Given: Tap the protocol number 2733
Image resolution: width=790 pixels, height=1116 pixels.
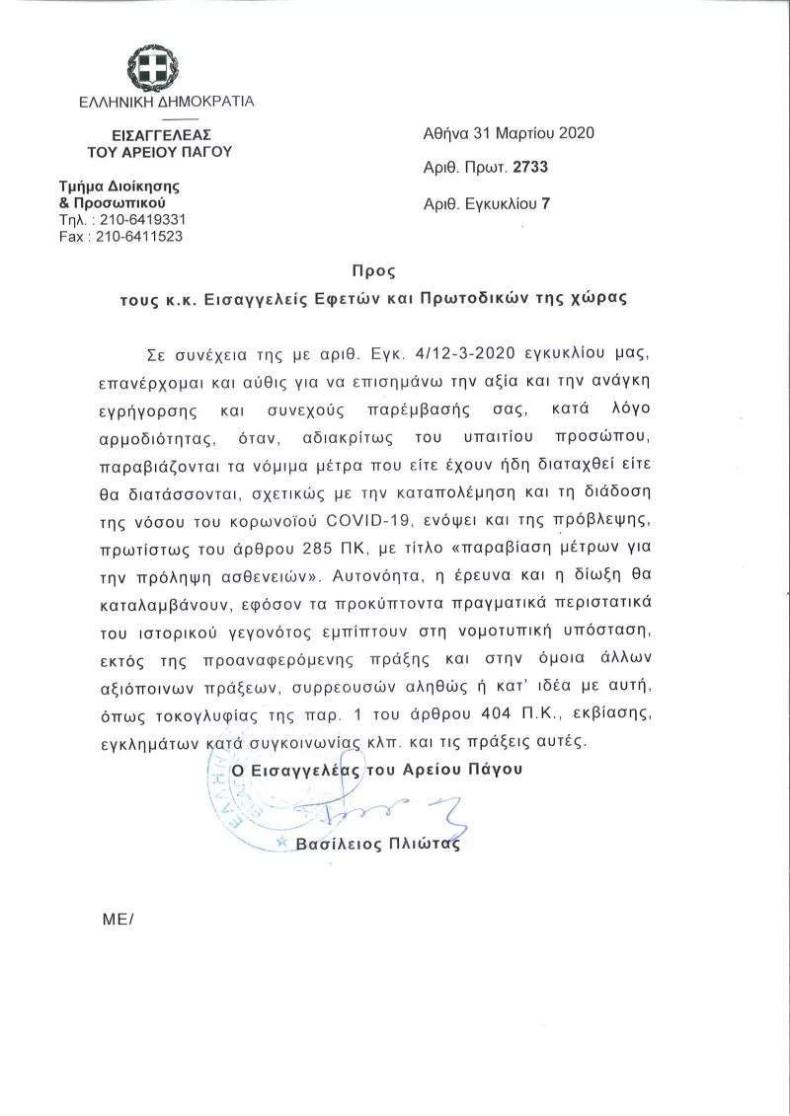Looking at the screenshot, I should (529, 168).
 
